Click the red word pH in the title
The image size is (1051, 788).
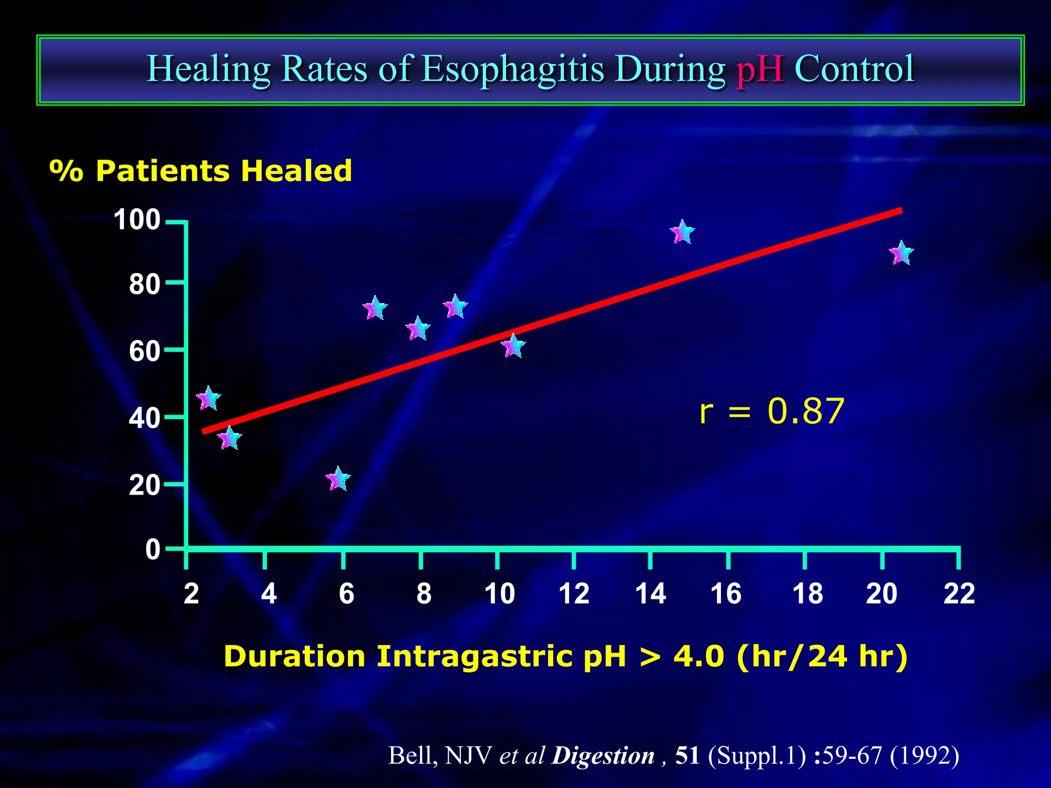click(760, 69)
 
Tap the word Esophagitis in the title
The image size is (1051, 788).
click(513, 69)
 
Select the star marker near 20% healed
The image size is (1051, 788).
click(338, 480)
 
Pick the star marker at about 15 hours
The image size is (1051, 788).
click(683, 232)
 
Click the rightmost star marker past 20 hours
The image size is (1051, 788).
click(901, 253)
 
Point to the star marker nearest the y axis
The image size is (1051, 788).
click(208, 399)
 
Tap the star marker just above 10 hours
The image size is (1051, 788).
click(513, 346)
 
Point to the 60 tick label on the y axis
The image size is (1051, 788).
click(144, 352)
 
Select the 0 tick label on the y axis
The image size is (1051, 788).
click(152, 549)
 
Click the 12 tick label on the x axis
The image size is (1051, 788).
click(574, 594)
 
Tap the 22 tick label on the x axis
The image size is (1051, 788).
click(959, 594)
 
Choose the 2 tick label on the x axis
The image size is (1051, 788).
click(191, 594)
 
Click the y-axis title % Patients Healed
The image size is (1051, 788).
click(201, 171)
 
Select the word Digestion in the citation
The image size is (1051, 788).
click(602, 756)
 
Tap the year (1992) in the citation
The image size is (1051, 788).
click(924, 756)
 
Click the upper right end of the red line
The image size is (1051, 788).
click(900, 211)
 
